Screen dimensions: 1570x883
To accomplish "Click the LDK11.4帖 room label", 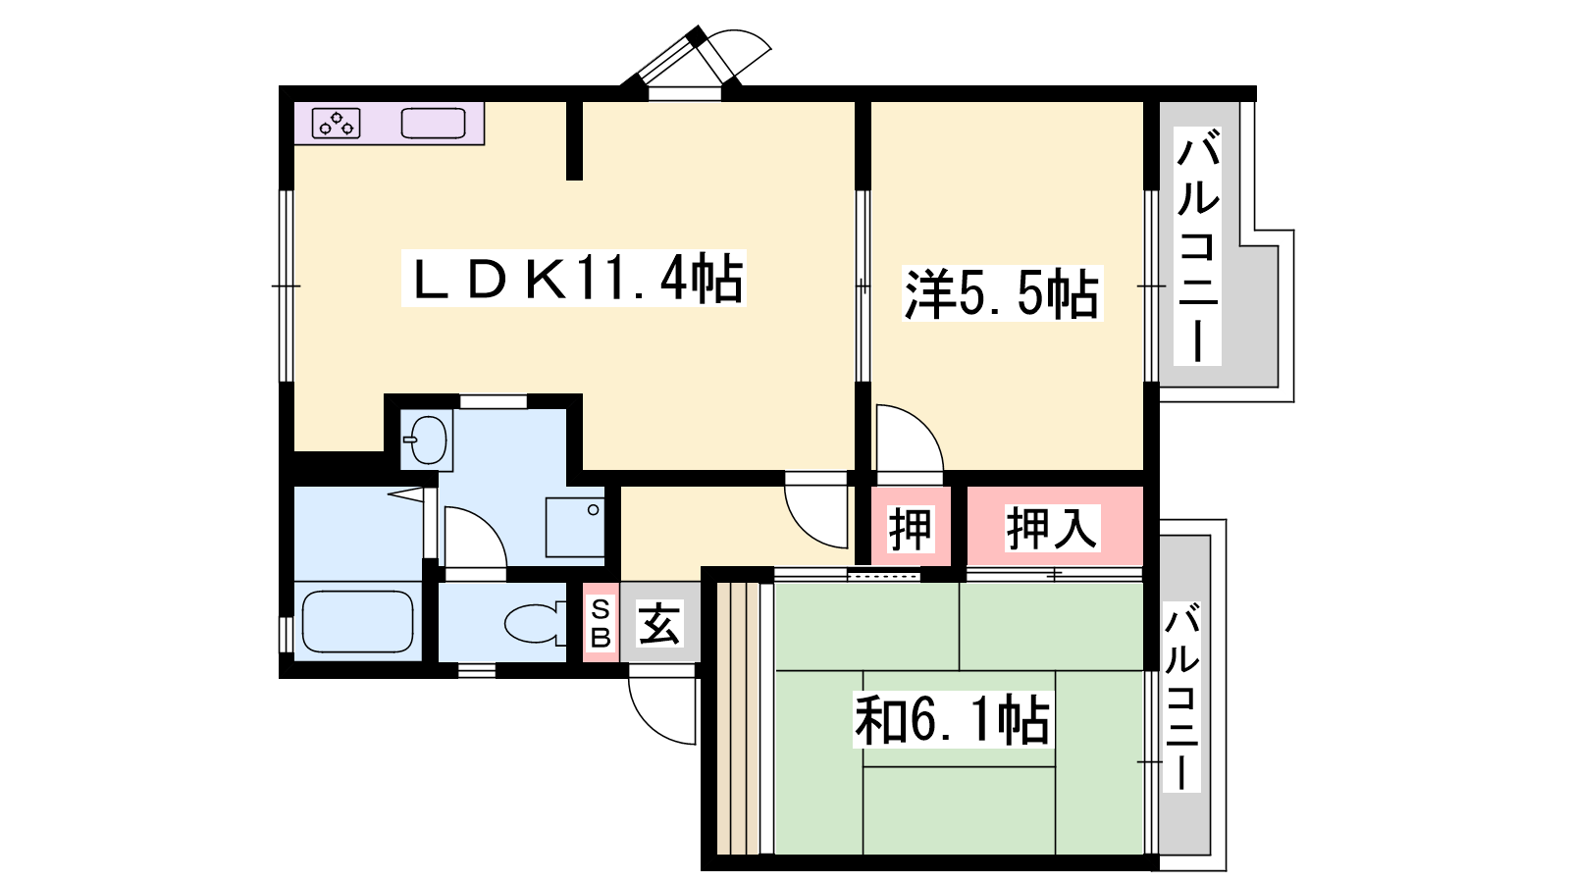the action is [x=573, y=279].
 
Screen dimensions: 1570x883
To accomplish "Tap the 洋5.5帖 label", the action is [x=1002, y=293].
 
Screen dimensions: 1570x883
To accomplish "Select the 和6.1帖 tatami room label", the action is [x=953, y=720].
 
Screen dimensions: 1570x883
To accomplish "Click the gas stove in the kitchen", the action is [x=336, y=124].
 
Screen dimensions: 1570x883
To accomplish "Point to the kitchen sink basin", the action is [x=433, y=124].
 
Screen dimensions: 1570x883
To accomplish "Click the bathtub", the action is [x=357, y=622].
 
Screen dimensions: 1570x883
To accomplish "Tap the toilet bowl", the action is [x=534, y=622].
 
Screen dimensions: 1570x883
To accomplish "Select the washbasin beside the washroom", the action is [x=426, y=441].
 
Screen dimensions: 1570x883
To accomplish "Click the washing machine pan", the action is [x=575, y=527].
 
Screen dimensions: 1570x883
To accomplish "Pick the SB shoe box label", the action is [x=601, y=622].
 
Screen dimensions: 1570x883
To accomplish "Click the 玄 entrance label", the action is [x=658, y=623].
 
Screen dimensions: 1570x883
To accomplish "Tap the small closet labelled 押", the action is [x=911, y=529].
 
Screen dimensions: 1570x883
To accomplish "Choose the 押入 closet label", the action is [x=1051, y=528].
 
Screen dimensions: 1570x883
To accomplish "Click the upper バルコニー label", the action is [x=1198, y=246].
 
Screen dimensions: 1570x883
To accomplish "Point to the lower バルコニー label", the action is [x=1181, y=697].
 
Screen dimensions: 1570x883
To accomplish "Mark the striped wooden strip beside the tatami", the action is [x=739, y=717].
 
